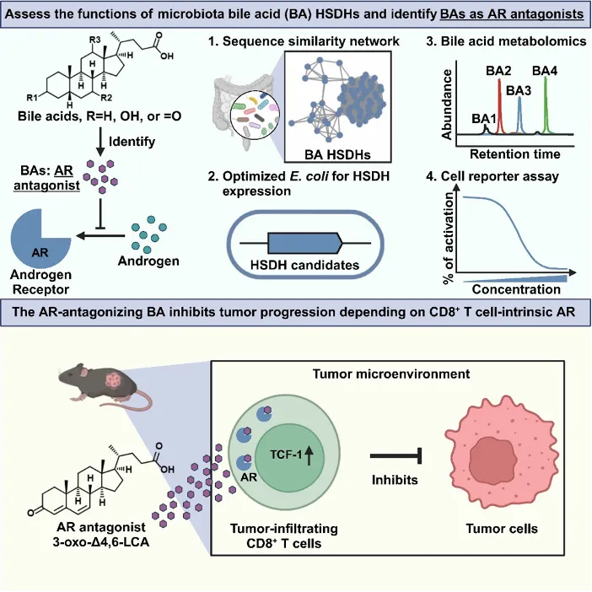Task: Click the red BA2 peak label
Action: pyautogui.click(x=498, y=72)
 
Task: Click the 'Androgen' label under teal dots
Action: pyautogui.click(x=150, y=261)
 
